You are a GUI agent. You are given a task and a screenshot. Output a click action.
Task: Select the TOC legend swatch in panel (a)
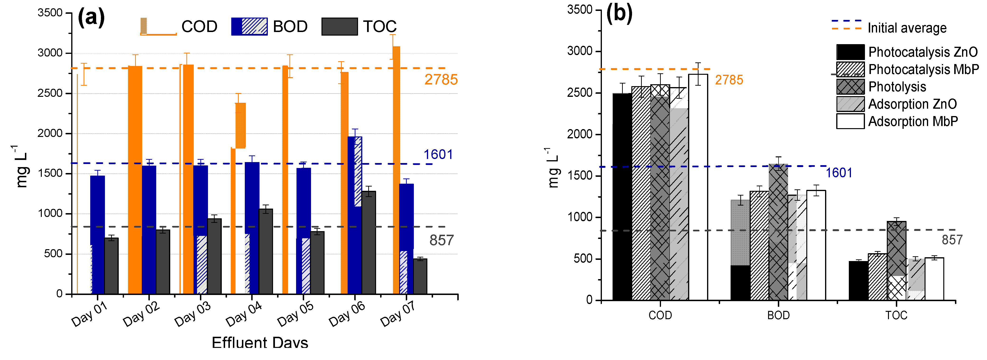pos(340,26)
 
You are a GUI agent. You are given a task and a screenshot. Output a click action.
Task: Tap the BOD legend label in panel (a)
pos(290,26)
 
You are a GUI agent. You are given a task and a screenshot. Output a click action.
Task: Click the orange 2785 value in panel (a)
pos(441,80)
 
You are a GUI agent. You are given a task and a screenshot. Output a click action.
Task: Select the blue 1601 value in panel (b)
pos(839,173)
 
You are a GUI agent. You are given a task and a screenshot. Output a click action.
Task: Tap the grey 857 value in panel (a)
pos(441,240)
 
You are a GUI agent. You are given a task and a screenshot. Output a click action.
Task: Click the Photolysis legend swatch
pos(850,87)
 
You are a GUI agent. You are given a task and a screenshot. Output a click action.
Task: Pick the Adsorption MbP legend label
pos(913,122)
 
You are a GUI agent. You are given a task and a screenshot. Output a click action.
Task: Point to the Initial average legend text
pos(907,28)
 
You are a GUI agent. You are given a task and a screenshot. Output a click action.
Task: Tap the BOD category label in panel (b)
pos(778,315)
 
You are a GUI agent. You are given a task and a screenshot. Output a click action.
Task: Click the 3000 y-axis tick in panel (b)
pos(580,51)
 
